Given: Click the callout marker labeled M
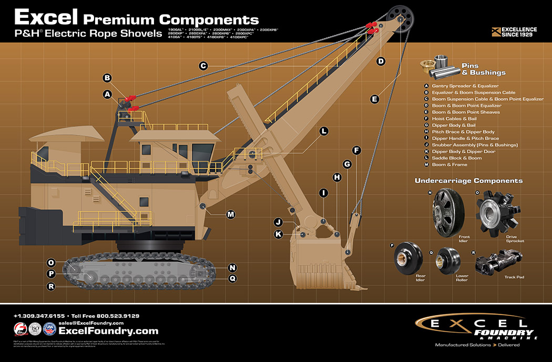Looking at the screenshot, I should click(x=230, y=214).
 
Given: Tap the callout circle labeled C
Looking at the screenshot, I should click(x=203, y=66).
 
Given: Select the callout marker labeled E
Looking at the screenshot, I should click(x=375, y=99).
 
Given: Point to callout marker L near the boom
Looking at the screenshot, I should click(x=324, y=131).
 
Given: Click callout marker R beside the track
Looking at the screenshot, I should click(x=51, y=286).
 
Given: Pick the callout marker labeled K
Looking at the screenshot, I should click(x=279, y=234).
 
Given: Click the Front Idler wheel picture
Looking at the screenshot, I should click(x=446, y=213).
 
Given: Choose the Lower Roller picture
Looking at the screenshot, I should click(x=447, y=260).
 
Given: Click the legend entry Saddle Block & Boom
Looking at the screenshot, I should click(x=456, y=158).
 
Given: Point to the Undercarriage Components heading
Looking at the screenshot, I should click(x=468, y=180).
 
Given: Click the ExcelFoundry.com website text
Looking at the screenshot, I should click(x=108, y=331).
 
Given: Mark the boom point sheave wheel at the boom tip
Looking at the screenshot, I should click(x=401, y=19).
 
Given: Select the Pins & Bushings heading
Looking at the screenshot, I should click(x=483, y=69).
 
